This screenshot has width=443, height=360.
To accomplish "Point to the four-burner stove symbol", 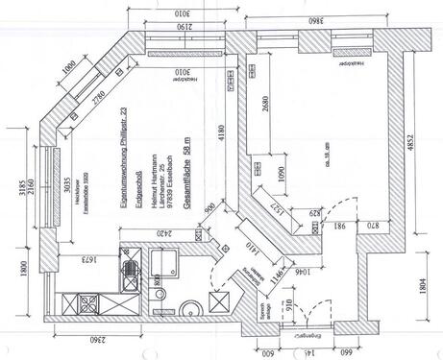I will point(85,305).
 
